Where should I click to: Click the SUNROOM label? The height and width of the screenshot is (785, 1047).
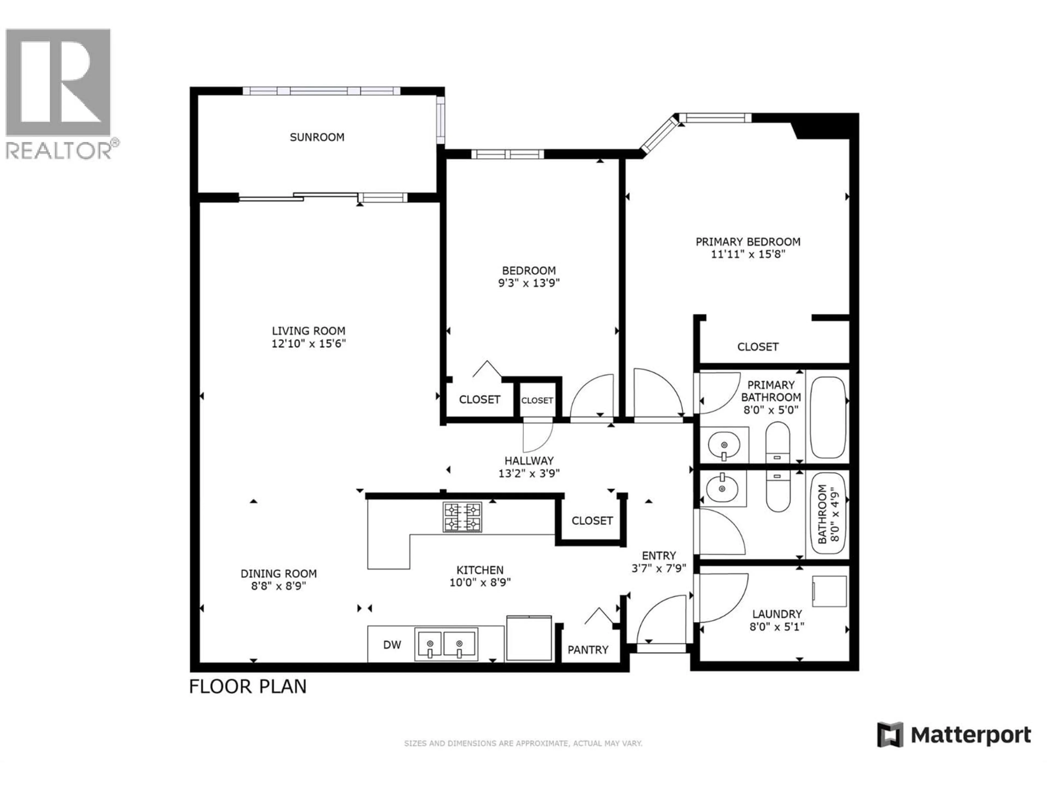pyautogui.click(x=317, y=137)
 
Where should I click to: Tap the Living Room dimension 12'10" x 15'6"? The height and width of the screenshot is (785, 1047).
pyautogui.click(x=309, y=343)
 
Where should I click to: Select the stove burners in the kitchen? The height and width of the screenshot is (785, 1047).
pyautogui.click(x=462, y=517)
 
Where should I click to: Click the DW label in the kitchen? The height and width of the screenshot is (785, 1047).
pyautogui.click(x=392, y=644)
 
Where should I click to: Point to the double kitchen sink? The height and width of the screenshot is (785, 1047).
pyautogui.click(x=446, y=644)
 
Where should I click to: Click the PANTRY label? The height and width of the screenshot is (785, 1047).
pyautogui.click(x=588, y=650)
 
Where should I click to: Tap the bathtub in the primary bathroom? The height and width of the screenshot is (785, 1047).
pyautogui.click(x=828, y=417)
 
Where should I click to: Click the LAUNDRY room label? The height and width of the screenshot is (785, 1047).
pyautogui.click(x=777, y=614)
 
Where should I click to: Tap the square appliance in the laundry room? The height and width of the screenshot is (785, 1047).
pyautogui.click(x=829, y=591)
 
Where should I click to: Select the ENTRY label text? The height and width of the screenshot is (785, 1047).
pyautogui.click(x=659, y=555)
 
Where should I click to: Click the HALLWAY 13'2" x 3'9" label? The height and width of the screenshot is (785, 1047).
pyautogui.click(x=529, y=467)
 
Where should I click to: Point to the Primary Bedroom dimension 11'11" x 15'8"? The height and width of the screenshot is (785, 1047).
pyautogui.click(x=748, y=254)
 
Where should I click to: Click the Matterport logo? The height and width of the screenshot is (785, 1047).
pyautogui.click(x=954, y=735)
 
